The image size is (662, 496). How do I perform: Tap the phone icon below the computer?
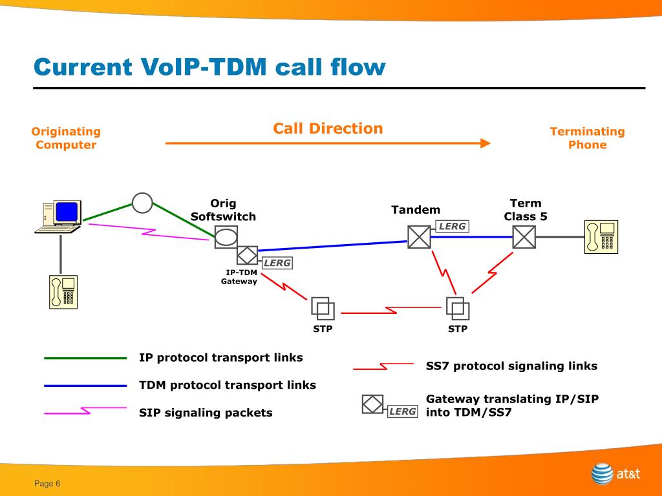click(63, 292)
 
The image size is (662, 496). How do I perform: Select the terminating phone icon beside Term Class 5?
click(601, 237)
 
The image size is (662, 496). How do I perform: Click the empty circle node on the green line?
click(142, 203)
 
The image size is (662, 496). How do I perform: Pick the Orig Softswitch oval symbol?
click(226, 236)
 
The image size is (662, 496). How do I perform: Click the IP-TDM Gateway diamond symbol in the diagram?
click(247, 255)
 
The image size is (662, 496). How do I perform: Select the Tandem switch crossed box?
click(419, 237)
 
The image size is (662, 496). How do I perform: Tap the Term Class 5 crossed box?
click(524, 237)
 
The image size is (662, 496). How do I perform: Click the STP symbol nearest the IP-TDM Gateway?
click(323, 308)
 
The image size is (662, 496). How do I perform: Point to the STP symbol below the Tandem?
click(458, 308)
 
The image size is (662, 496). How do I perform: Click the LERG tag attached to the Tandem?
click(452, 227)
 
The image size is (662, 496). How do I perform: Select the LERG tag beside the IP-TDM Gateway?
click(277, 263)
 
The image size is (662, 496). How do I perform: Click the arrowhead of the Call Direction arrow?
click(486, 143)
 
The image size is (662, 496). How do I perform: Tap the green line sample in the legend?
click(85, 358)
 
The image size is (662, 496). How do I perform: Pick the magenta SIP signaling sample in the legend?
click(85, 411)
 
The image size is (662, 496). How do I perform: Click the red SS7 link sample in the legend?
click(383, 366)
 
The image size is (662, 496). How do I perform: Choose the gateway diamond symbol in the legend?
click(373, 404)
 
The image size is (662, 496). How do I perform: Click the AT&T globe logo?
click(602, 473)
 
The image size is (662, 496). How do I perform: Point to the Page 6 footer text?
click(47, 484)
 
